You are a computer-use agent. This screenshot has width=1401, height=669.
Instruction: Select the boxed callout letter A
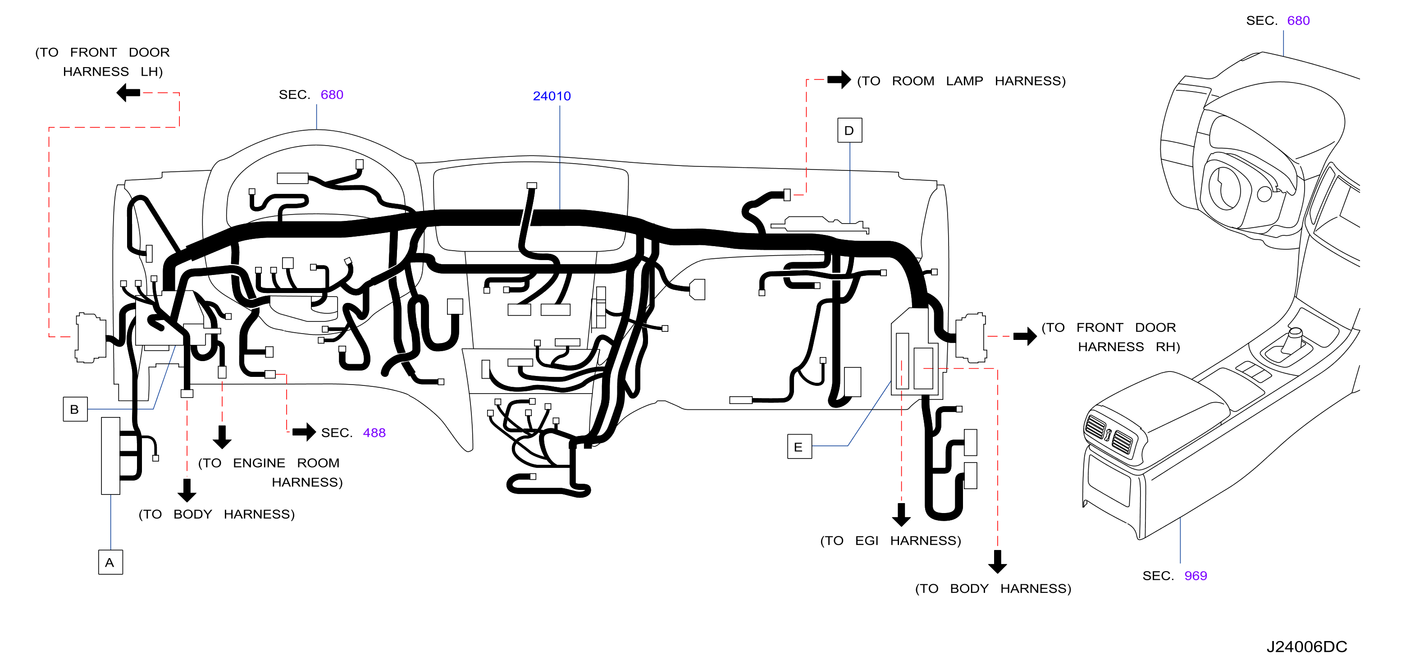point(110,563)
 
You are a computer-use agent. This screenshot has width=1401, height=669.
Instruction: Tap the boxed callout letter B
point(75,409)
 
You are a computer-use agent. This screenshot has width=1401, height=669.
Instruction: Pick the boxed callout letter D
point(849,131)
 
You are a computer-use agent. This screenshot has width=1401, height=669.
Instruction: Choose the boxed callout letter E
point(799,447)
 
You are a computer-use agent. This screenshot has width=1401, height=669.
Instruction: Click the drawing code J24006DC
point(1306,647)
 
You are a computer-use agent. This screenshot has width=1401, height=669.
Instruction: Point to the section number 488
point(374,432)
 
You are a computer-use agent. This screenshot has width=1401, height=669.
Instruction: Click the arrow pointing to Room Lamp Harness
point(839,79)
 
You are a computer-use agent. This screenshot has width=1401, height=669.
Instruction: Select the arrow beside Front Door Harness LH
point(128,92)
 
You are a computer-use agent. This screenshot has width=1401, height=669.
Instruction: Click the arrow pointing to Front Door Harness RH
point(1025,336)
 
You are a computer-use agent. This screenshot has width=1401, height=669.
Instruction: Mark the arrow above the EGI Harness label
point(901,514)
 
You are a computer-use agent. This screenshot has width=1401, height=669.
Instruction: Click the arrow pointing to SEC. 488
point(304,432)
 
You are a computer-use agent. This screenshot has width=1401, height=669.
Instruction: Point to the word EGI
point(867,541)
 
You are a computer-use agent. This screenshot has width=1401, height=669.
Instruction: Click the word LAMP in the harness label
point(964,81)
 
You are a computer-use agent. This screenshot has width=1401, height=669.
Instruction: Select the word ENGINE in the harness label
point(259,463)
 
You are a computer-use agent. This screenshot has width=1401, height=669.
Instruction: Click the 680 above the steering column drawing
point(1298,21)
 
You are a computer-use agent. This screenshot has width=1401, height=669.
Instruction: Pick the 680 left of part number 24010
point(332,95)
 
